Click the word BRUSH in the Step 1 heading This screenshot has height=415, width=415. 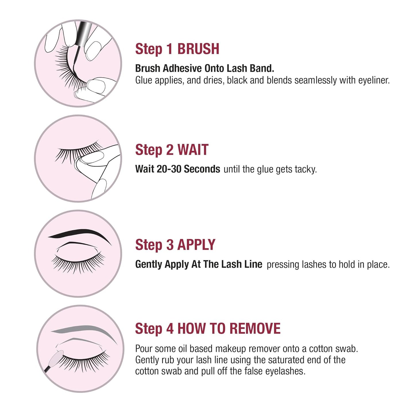198,49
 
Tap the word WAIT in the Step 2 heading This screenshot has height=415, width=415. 193,150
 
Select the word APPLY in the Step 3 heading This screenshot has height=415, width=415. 196,245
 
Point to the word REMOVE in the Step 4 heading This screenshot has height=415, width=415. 255,329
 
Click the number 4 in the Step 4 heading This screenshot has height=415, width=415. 170,329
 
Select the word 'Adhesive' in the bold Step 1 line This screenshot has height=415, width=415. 182,68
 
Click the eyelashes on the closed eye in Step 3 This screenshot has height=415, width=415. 78,263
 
